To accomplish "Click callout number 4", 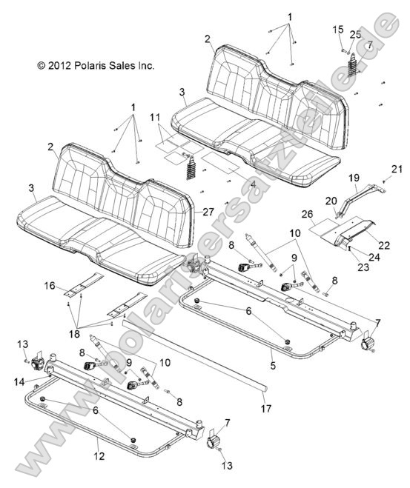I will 211,184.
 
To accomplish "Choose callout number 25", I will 354,34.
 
